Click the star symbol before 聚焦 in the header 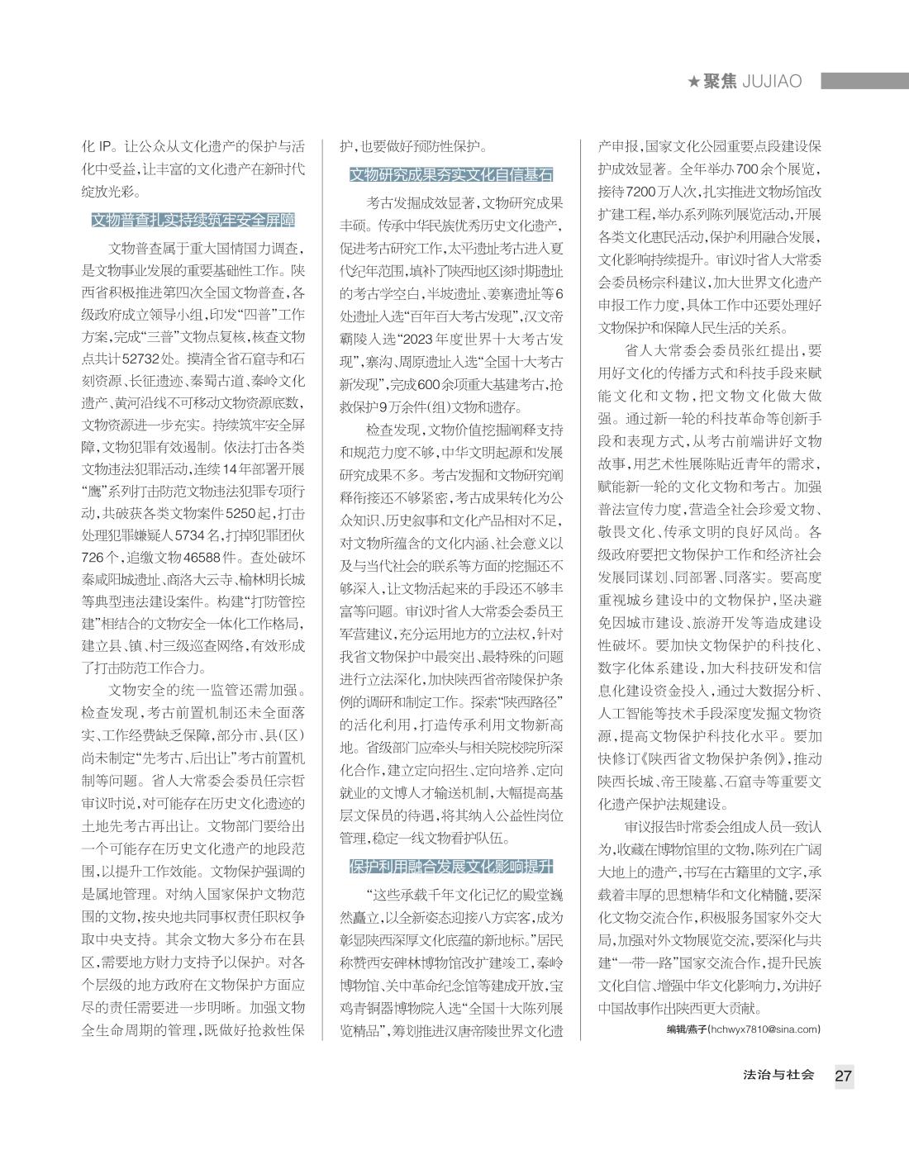tap(694, 82)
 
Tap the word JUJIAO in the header tap(772, 82)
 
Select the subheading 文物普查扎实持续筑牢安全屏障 tap(193, 221)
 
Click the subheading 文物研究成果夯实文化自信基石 tap(451, 175)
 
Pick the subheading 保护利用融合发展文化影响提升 tap(451, 867)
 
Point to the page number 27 tap(843, 1077)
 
